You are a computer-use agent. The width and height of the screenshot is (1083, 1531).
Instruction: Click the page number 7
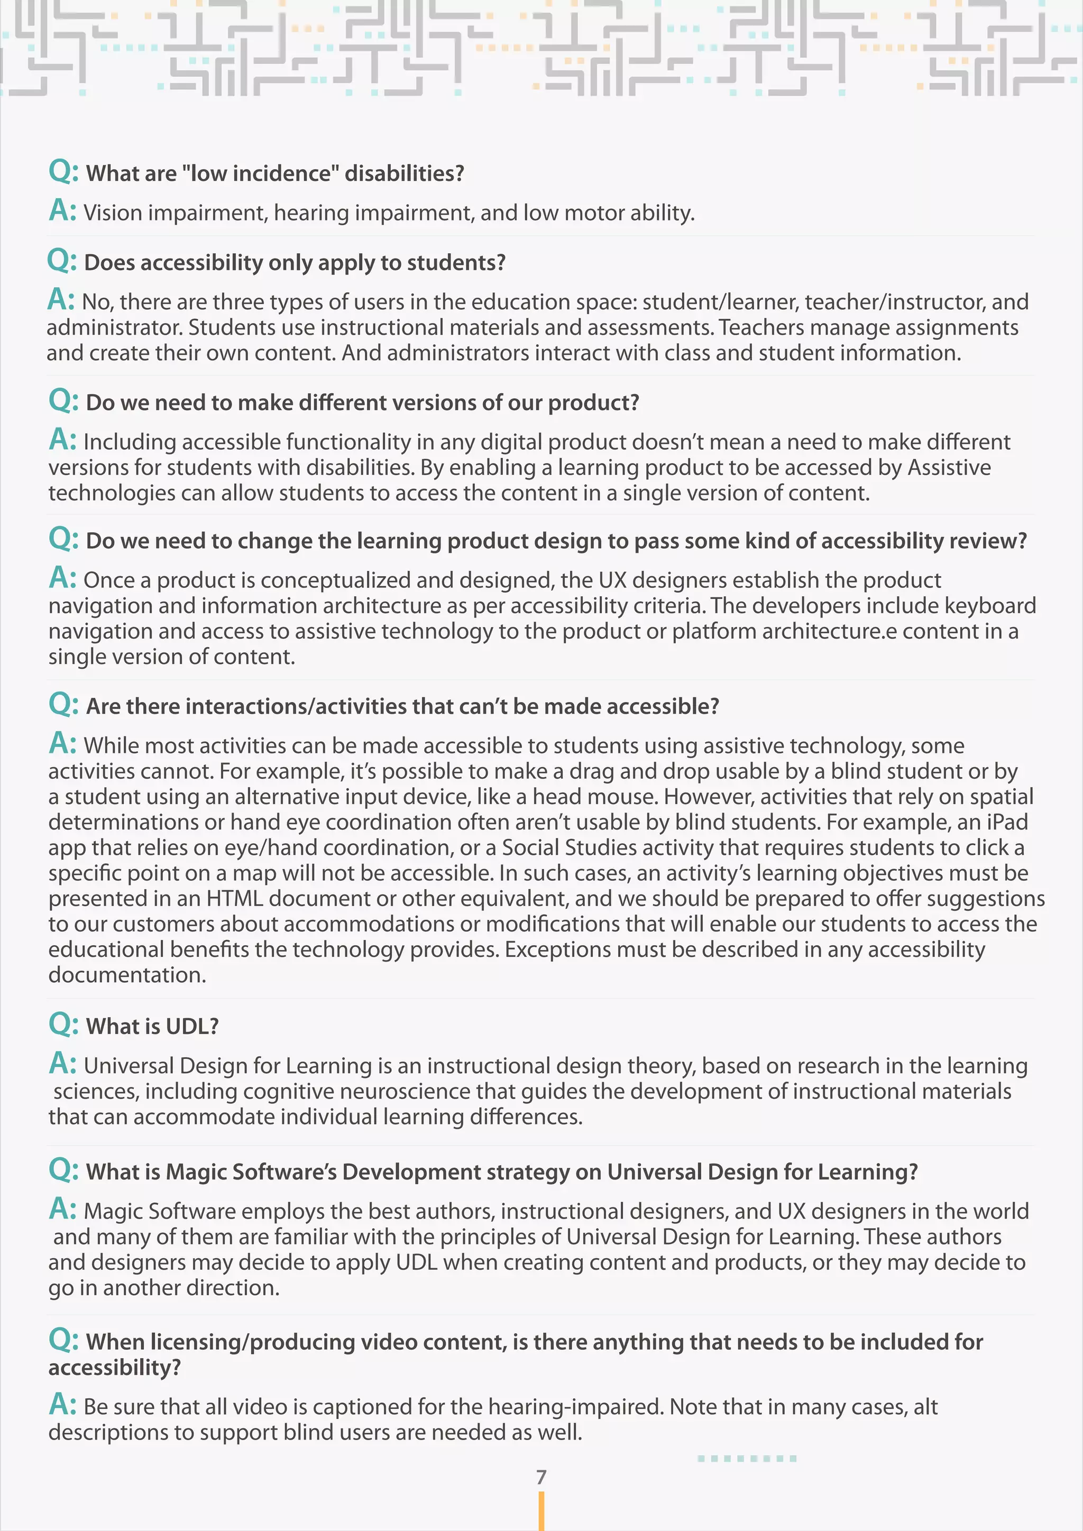click(541, 1477)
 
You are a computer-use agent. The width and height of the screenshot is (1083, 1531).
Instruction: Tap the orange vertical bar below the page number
click(541, 1511)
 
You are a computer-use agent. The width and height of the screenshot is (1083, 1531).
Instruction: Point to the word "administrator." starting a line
click(115, 327)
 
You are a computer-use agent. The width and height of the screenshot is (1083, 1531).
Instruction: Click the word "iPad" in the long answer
click(1007, 822)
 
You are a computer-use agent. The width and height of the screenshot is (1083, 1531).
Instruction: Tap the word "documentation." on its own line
click(127, 975)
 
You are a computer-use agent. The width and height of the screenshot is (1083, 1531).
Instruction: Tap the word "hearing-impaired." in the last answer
click(576, 1407)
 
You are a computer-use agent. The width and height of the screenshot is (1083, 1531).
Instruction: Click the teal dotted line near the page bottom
click(746, 1459)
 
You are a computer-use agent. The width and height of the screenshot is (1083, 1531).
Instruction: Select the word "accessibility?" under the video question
click(114, 1368)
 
